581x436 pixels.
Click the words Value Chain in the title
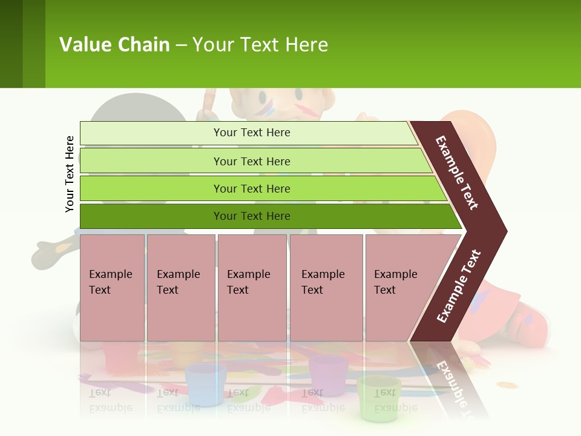pyautogui.click(x=114, y=44)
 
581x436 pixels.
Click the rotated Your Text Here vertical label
pyautogui.click(x=70, y=174)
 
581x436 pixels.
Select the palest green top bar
pyautogui.click(x=151, y=133)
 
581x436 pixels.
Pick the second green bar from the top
pyautogui.click(x=151, y=161)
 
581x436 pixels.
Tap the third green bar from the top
pyautogui.click(x=151, y=188)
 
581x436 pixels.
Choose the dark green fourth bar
pyautogui.click(x=151, y=216)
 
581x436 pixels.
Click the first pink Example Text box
pyautogui.click(x=112, y=288)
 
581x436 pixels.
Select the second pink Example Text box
pyautogui.click(x=180, y=288)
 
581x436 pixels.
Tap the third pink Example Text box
pyautogui.click(x=252, y=288)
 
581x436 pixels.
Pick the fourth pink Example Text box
pyautogui.click(x=326, y=288)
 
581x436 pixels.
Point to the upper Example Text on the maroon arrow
pyautogui.click(x=457, y=173)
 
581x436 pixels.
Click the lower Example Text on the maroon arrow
pyautogui.click(x=459, y=286)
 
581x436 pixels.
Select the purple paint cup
pyautogui.click(x=328, y=375)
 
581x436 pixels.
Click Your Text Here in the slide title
pyautogui.click(x=260, y=44)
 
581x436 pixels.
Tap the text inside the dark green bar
pyautogui.click(x=252, y=216)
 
